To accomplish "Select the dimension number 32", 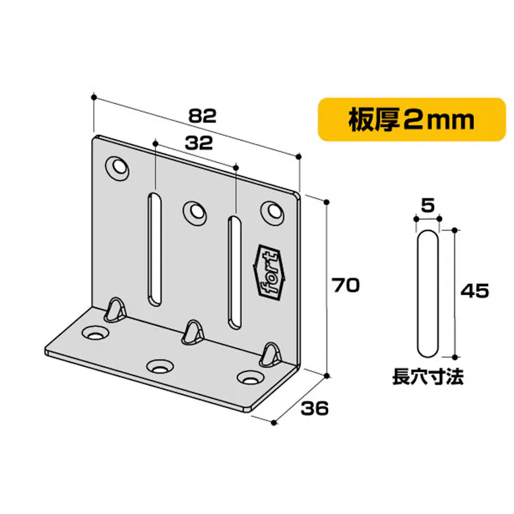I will coord(197,143).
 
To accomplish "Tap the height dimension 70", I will coord(346,285).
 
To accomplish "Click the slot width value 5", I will coord(427,205).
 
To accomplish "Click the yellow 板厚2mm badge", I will coord(412,119).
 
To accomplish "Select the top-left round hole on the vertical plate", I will coord(116,167).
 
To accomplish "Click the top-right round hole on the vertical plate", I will coord(272,211).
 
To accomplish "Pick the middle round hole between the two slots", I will coord(193,211).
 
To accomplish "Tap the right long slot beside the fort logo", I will coord(234,270).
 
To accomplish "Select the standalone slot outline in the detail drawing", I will coord(427,293).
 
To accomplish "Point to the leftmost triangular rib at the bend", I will coord(115,308).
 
